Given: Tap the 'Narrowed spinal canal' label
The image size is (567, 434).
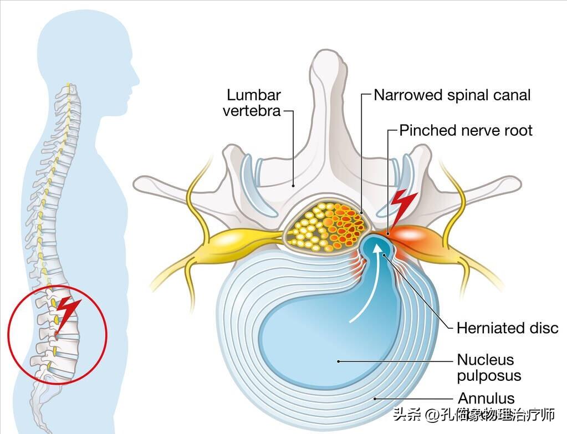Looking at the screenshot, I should (452, 95).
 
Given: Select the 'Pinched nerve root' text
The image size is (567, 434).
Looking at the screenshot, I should (466, 130).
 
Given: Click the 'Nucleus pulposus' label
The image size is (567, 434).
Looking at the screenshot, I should (489, 367).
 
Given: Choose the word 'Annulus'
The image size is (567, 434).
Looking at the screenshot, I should (486, 398).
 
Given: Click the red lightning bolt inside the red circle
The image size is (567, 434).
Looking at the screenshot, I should (68, 314).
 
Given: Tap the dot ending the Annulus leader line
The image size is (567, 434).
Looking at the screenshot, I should (375, 397).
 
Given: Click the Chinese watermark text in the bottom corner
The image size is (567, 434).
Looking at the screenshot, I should (474, 415).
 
